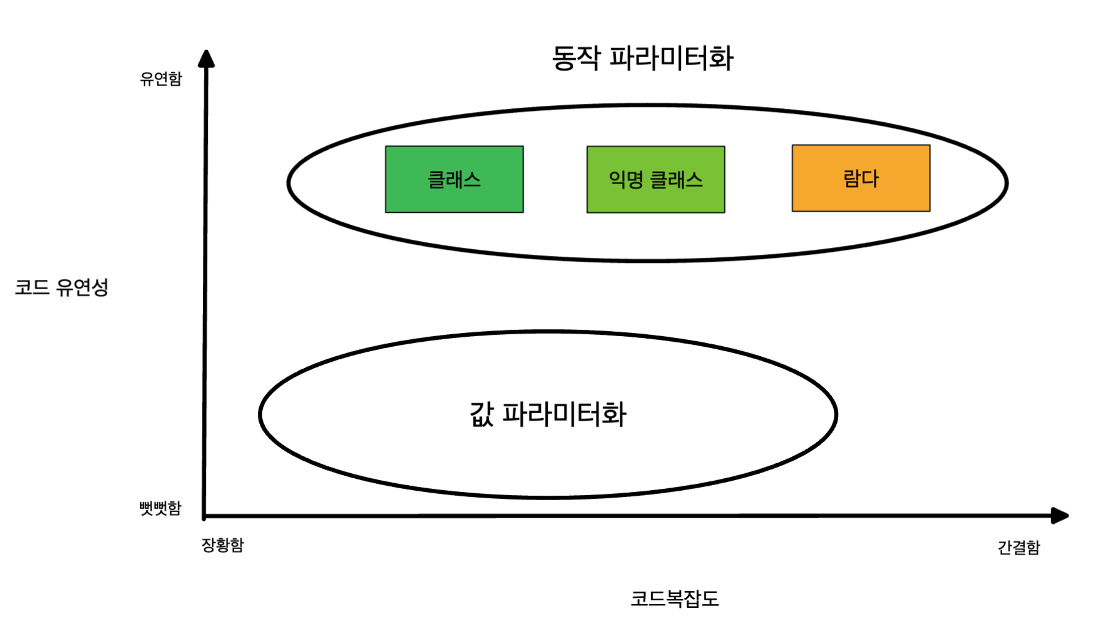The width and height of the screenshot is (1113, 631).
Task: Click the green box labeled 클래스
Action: point(454,180)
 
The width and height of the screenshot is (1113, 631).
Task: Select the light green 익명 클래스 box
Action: point(655,180)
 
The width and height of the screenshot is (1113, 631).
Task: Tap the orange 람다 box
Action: point(861,178)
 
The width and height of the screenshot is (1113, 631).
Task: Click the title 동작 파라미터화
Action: point(642,58)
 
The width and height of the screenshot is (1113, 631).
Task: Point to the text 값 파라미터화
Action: point(548,414)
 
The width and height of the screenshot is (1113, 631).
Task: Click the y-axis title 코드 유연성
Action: point(61,287)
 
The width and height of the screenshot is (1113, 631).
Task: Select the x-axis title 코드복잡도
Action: point(674,598)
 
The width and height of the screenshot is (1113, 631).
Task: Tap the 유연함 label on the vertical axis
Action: point(161,79)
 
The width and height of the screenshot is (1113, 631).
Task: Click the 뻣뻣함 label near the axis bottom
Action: point(160,508)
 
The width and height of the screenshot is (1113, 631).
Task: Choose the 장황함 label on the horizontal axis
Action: point(222,545)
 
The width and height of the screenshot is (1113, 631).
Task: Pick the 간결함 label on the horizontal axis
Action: point(1018,548)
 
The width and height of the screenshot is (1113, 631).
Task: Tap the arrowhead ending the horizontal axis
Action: point(1059,516)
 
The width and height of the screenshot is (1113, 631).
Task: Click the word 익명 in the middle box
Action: point(626,180)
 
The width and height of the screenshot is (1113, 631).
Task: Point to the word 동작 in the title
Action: point(576,58)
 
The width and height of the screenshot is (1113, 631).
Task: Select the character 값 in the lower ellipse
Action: point(482,414)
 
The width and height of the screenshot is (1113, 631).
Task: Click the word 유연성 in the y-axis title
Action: point(82,287)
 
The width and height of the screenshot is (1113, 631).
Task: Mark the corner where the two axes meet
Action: point(205,516)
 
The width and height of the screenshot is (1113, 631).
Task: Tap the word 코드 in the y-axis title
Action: point(32,288)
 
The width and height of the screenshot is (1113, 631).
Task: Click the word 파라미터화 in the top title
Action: point(671,58)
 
